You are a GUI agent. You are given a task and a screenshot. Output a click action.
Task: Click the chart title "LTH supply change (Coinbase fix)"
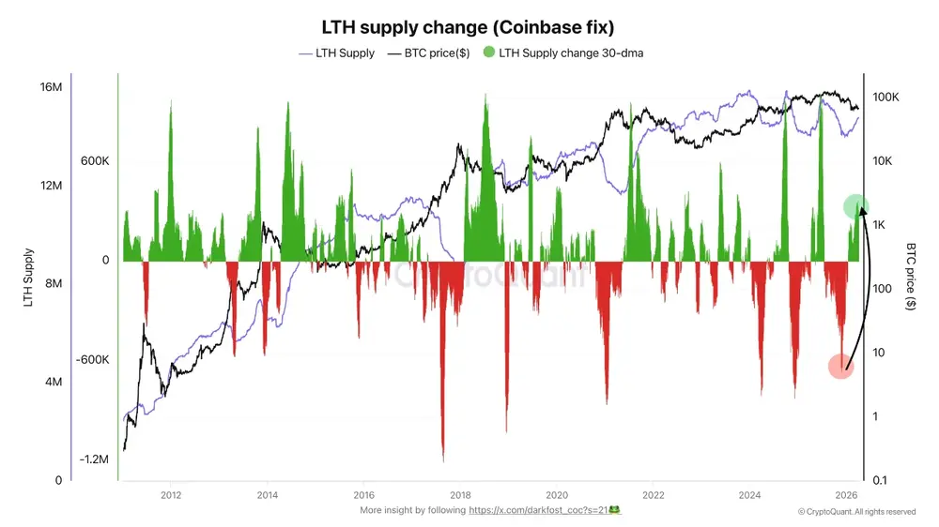point(469,26)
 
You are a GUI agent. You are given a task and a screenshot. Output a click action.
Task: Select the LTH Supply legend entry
point(337,53)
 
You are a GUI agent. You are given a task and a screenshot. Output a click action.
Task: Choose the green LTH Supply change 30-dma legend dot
point(488,53)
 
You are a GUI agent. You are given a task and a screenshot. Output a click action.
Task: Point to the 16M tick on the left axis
point(51,87)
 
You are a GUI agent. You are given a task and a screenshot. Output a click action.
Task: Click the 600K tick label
point(95,160)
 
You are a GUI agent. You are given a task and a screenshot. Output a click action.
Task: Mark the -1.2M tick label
point(94,459)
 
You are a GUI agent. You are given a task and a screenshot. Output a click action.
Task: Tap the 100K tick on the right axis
point(886,98)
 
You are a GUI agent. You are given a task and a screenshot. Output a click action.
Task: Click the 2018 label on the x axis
point(460,494)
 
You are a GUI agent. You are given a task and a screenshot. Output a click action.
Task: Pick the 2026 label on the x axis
point(846,494)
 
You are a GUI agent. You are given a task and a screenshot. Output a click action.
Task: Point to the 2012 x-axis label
point(171,494)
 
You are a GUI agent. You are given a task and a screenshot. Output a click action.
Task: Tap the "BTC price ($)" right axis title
point(912,278)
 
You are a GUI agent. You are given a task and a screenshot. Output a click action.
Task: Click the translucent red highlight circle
point(840,366)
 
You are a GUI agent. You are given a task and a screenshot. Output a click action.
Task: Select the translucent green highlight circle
point(855,207)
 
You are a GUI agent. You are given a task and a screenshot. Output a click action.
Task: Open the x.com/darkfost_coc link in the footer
point(545,510)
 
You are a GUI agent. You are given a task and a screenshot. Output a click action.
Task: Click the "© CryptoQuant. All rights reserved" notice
point(856,512)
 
